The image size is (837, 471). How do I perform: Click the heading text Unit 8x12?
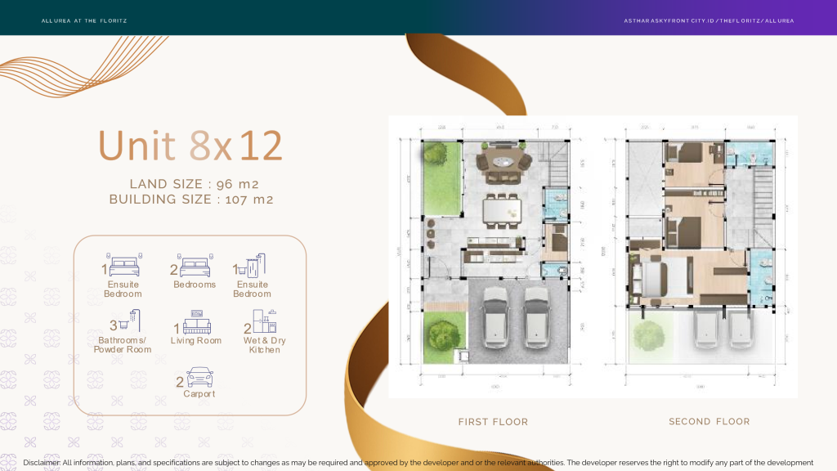[190, 146]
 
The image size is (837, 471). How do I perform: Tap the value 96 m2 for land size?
[239, 184]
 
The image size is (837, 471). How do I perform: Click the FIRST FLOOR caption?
[493, 422]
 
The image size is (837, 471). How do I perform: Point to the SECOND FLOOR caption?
[709, 422]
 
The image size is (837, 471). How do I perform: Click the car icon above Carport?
[200, 378]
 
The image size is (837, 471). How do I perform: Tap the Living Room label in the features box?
[196, 341]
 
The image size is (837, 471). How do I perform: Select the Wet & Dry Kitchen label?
[265, 345]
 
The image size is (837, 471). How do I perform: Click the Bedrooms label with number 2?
[195, 285]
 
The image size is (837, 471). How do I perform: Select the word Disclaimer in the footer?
[42, 463]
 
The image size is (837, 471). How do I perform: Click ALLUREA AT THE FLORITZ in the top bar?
[84, 20]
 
